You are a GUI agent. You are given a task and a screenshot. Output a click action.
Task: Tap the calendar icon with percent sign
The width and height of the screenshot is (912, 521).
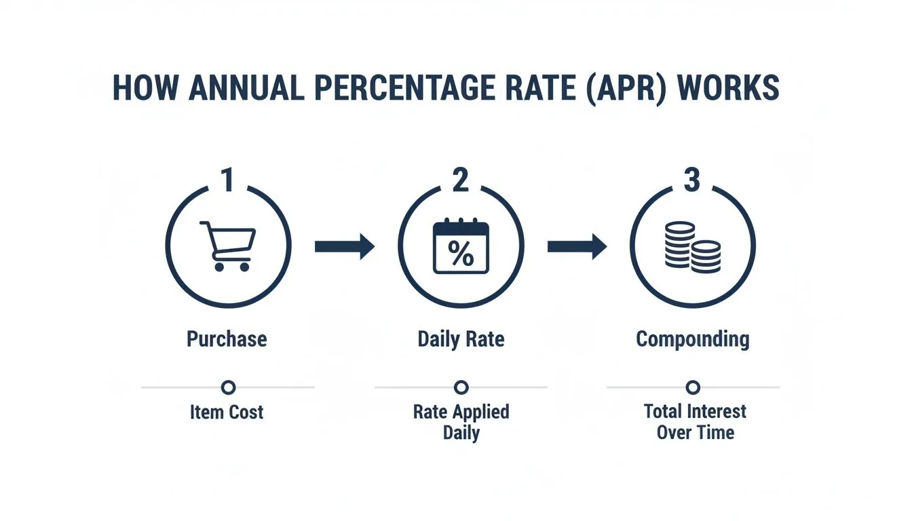[x=461, y=247]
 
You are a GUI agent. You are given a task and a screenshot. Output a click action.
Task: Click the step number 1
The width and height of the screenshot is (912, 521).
[x=228, y=181]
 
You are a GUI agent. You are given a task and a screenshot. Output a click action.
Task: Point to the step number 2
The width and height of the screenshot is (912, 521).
[x=461, y=181]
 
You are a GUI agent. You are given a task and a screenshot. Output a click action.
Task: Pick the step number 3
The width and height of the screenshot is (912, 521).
[x=691, y=181]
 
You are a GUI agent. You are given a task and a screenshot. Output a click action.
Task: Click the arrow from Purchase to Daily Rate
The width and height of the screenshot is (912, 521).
[x=344, y=246]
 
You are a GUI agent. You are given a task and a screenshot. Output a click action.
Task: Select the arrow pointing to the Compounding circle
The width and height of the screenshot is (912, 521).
[x=577, y=246]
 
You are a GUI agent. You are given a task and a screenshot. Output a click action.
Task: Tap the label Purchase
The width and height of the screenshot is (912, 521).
[x=227, y=339]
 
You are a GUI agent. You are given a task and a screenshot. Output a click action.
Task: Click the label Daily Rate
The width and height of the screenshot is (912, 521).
[x=461, y=339]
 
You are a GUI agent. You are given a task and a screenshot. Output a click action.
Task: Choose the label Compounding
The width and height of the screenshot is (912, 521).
[x=693, y=339]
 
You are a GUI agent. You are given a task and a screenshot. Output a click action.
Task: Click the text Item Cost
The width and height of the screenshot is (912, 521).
[x=227, y=412]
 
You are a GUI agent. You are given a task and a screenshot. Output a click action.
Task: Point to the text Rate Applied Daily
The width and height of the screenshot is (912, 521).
[x=461, y=422]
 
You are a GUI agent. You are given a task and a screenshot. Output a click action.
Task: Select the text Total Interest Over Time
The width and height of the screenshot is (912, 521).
[x=695, y=422]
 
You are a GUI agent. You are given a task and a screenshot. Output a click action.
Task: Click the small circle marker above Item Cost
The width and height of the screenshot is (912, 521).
[x=229, y=387]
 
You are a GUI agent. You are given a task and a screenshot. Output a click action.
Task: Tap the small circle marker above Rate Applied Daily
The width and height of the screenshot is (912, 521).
[x=461, y=387]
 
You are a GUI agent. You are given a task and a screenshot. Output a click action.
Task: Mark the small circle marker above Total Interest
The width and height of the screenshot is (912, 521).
[x=693, y=387]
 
